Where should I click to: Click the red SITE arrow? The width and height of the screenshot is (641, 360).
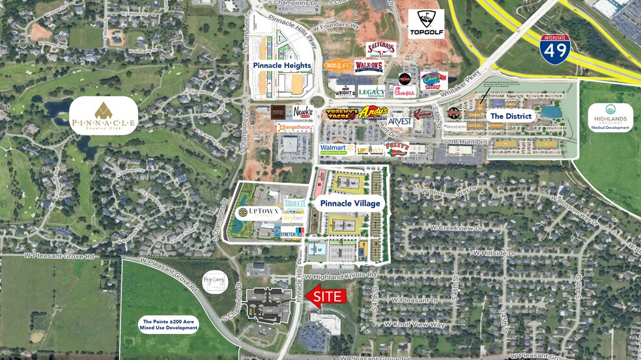324,297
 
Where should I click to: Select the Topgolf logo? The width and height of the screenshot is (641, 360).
426,23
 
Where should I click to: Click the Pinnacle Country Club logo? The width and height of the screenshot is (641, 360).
104,116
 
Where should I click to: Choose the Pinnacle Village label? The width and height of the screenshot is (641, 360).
349,203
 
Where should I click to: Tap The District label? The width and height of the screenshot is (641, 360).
511,116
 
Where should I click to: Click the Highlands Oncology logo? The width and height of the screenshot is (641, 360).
610,117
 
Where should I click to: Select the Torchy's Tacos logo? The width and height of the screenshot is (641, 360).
341,115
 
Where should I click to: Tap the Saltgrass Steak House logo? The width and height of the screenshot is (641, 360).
381,49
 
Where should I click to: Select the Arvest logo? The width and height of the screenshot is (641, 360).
401,121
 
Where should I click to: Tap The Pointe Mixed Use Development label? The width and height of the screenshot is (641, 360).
168,324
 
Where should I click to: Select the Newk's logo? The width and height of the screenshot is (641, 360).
302,111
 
